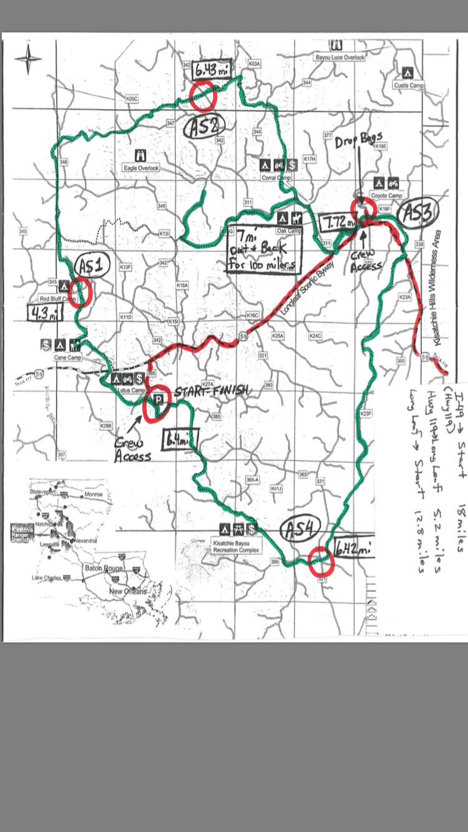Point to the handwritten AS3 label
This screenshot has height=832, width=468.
414,213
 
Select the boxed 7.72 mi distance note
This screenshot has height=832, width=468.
339,221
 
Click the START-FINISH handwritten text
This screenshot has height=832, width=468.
210,390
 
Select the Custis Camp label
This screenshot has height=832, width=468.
409,85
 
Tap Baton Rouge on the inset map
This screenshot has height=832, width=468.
103,569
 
